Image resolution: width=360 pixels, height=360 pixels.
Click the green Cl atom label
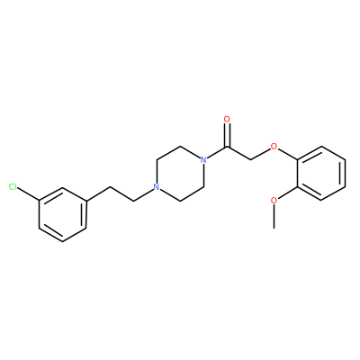13,187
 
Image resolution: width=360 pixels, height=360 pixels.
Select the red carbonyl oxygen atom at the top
228,120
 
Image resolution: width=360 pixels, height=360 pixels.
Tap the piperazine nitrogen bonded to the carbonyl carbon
203,160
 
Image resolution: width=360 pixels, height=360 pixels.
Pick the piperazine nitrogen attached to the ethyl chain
157,187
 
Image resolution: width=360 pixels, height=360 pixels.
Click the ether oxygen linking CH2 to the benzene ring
274,147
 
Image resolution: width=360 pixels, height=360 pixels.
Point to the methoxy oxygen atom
274,201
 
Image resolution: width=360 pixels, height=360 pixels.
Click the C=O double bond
228,135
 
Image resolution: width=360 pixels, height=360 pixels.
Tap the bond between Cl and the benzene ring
28,193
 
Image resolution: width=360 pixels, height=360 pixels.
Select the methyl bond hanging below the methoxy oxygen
274,217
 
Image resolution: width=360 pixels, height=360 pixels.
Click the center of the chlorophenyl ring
63,215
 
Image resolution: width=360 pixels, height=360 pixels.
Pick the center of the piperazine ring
180,174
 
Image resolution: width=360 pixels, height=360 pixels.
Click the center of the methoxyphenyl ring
321,174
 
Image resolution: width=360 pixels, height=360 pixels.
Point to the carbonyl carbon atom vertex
228,147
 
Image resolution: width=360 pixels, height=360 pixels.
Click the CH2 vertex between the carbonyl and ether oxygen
251,160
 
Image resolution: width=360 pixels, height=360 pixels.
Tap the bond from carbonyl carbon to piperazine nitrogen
217,153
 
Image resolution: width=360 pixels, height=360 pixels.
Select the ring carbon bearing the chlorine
39,201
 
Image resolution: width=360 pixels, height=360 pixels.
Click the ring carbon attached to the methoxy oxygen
298,187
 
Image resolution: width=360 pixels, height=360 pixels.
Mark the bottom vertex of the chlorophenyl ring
63,242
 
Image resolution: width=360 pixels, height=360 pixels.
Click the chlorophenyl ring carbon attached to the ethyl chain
86,201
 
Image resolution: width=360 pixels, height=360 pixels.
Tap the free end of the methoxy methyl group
274,229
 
